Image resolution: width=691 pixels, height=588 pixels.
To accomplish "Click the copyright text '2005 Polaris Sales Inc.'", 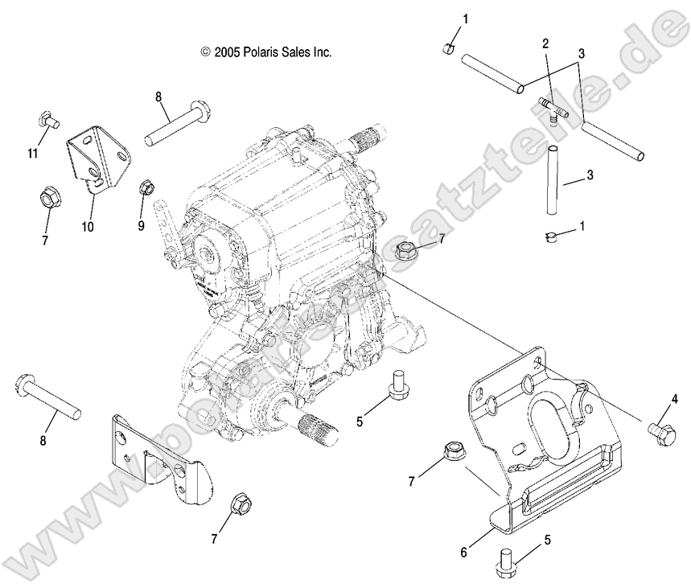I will click(266, 51).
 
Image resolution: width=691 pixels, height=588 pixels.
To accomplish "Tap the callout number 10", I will click(87, 227).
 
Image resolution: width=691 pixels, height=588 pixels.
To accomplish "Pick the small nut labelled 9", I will click(147, 188).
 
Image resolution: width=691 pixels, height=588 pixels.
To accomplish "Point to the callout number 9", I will click(141, 226).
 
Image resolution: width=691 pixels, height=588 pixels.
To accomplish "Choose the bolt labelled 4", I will click(658, 430).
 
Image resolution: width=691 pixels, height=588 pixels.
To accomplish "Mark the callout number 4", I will click(675, 398).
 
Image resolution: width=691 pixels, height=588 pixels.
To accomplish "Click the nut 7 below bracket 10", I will click(47, 196).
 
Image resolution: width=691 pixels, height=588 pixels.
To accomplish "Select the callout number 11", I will click(31, 153).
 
